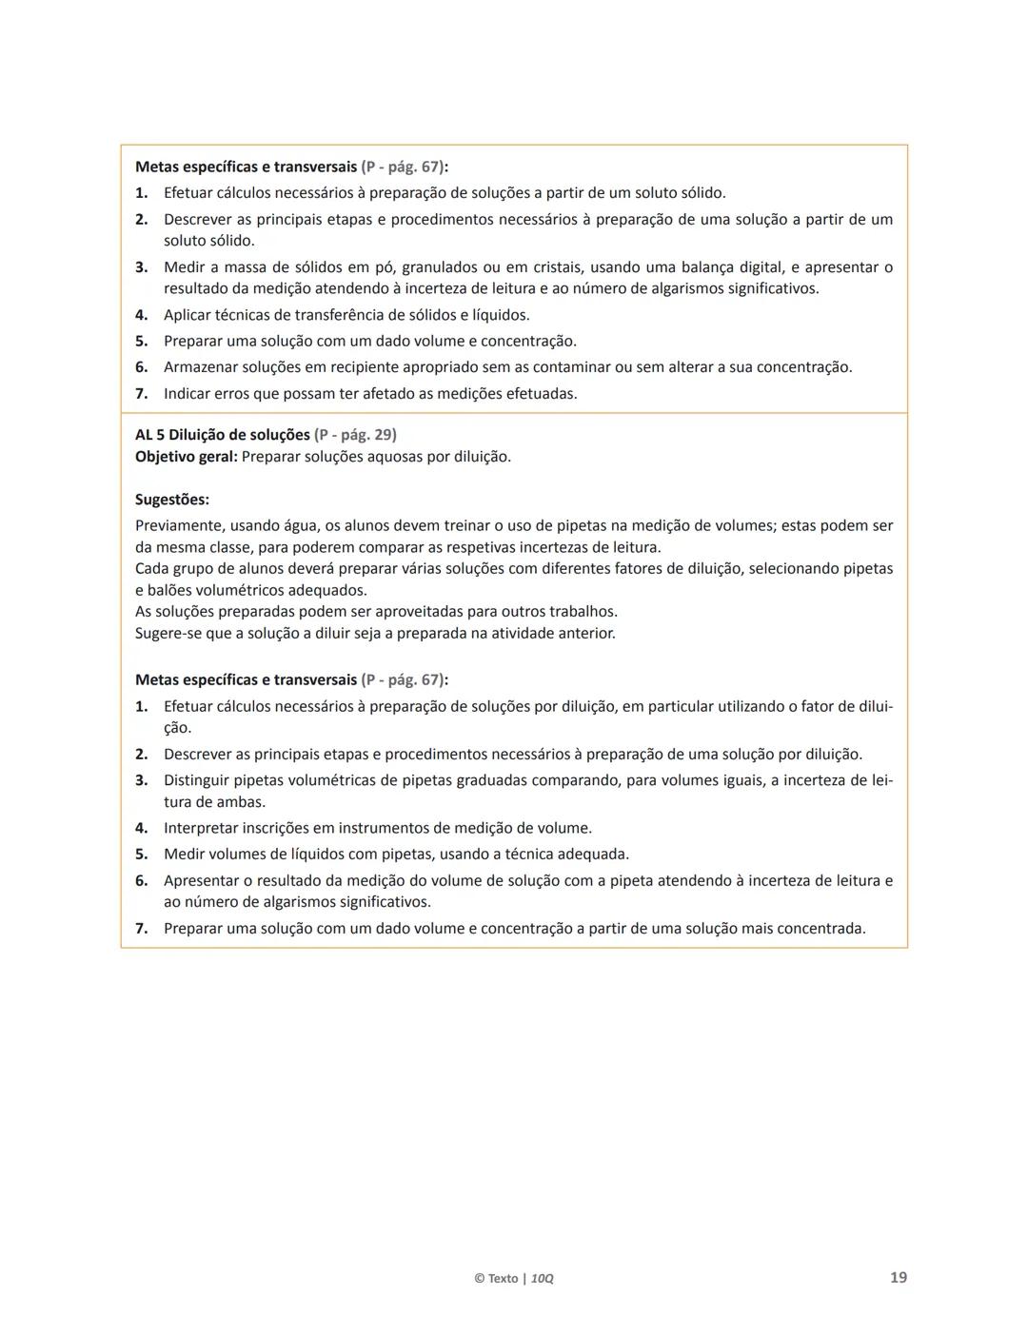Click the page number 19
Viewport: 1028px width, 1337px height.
(898, 1277)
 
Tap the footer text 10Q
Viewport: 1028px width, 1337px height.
(542, 1278)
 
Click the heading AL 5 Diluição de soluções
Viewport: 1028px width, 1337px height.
(223, 435)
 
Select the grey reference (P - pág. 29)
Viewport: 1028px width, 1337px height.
(355, 435)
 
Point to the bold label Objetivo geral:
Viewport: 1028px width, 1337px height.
(187, 457)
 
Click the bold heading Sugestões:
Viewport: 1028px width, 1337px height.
(172, 500)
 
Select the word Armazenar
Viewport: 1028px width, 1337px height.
(200, 367)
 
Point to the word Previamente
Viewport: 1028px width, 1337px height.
(177, 525)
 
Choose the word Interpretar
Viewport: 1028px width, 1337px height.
(200, 828)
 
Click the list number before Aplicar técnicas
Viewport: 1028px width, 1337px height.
(141, 315)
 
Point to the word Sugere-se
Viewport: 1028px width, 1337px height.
(168, 633)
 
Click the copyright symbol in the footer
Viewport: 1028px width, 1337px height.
(479, 1278)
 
